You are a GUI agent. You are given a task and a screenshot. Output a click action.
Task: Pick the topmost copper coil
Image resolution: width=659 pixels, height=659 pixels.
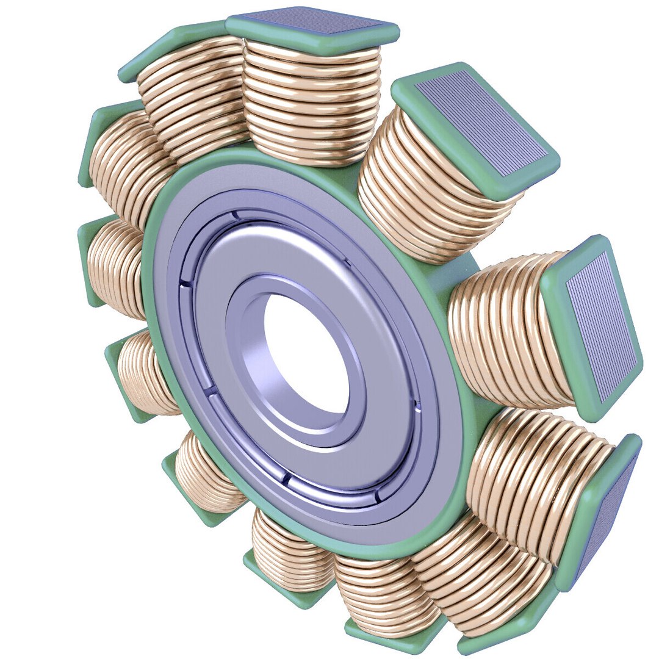(x=311, y=104)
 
